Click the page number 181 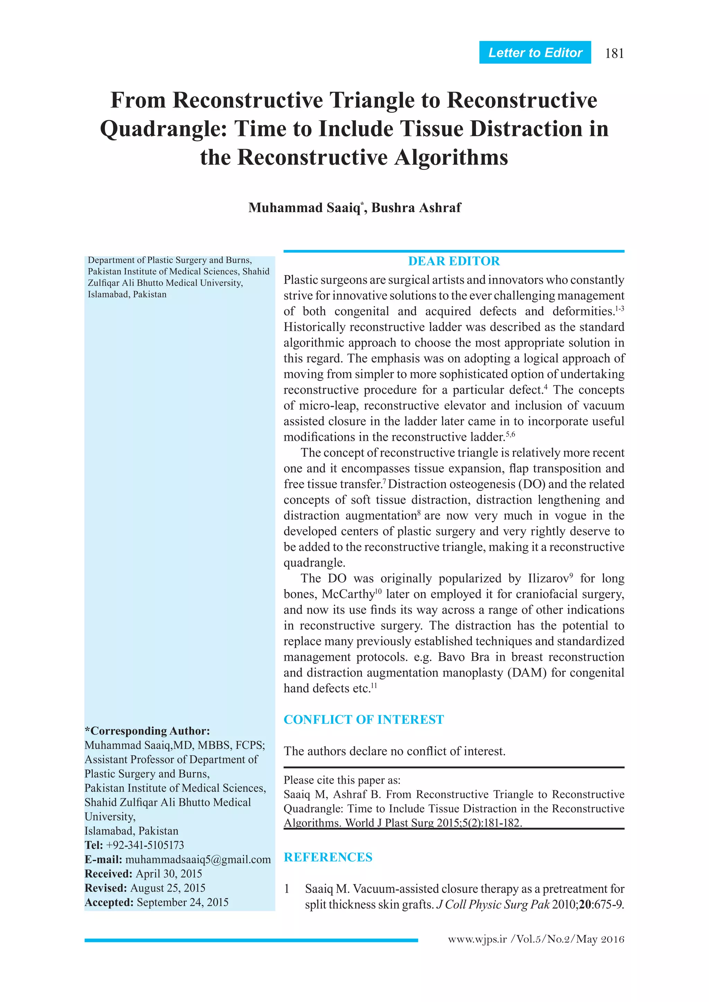[614, 53]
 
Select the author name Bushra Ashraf [416, 208]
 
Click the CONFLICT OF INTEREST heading [364, 719]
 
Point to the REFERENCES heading [328, 857]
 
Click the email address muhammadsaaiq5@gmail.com [198, 859]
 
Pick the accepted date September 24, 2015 [182, 902]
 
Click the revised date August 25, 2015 [168, 888]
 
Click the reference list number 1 [287, 889]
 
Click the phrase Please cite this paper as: [342, 780]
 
